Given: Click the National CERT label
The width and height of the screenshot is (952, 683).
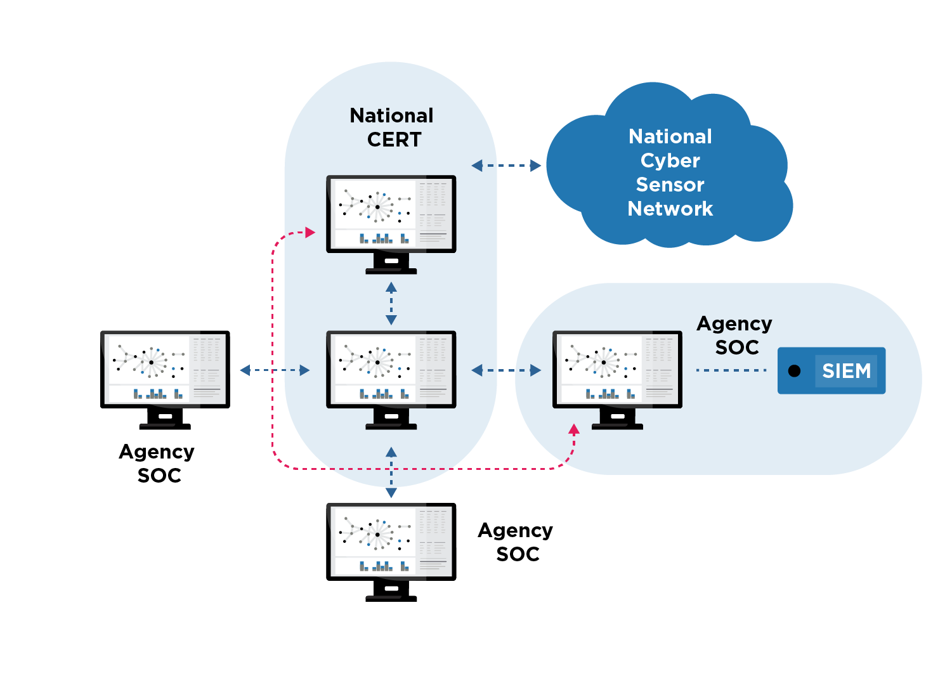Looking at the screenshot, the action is click(391, 127).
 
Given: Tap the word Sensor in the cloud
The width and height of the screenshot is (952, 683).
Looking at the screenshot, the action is click(670, 185).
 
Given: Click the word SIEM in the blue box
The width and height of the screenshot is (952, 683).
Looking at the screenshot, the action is click(846, 370).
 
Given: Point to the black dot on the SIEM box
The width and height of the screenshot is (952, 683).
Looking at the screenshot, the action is click(794, 370).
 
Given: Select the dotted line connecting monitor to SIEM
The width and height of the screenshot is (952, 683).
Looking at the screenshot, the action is click(731, 370).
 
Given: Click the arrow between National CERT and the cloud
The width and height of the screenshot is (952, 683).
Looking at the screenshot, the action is click(505, 166).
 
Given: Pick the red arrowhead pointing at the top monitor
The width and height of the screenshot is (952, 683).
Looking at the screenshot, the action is click(310, 232).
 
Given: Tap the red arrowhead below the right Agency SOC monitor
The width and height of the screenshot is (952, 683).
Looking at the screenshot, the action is click(574, 429).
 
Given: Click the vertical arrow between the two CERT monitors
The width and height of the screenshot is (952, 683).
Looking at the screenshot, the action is click(391, 304).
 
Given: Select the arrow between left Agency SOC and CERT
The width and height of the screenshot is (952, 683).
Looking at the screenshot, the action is click(275, 370).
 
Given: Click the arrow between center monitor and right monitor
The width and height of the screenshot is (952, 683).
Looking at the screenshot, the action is click(505, 370).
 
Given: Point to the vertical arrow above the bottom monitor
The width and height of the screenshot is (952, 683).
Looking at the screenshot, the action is click(391, 472).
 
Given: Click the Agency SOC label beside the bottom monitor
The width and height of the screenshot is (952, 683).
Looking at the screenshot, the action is click(516, 542).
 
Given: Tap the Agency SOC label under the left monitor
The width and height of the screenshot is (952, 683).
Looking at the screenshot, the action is click(157, 463).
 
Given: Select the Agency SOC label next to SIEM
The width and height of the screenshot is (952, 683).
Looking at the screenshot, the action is click(734, 335).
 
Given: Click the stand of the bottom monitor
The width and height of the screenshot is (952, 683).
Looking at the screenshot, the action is click(391, 591).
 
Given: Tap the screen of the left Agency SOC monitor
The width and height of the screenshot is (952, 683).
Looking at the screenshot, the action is click(165, 369).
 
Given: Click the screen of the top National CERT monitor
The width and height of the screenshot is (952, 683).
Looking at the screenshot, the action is click(391, 214).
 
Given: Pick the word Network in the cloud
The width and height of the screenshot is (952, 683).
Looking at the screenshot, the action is click(670, 209).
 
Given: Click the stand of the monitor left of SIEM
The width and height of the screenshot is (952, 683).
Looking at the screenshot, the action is click(617, 419).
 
